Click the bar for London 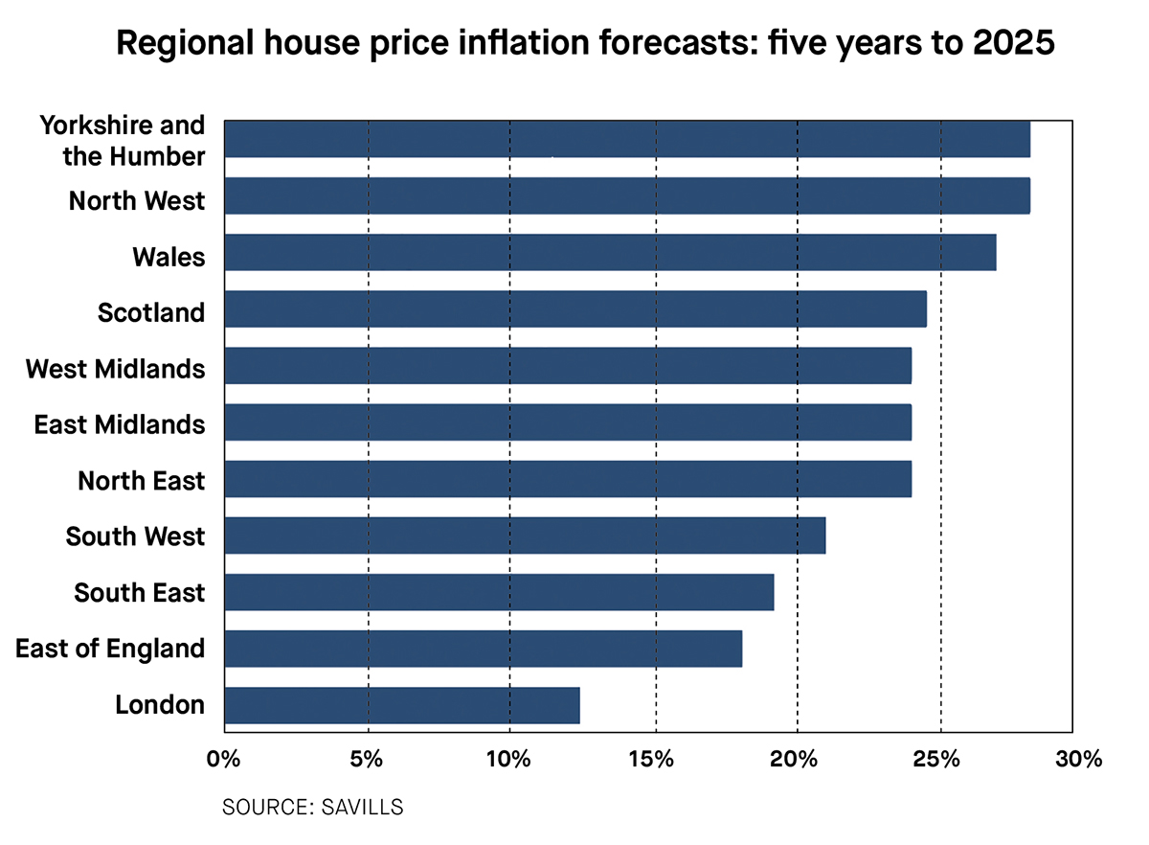(x=402, y=705)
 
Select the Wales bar (x=610, y=253)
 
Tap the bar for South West (x=525, y=536)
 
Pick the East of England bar (x=483, y=649)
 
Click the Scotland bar (x=575, y=309)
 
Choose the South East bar (x=499, y=592)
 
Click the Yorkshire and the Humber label (x=123, y=140)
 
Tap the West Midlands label (x=115, y=368)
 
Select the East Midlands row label (x=120, y=424)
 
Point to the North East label (x=142, y=480)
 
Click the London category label (x=160, y=705)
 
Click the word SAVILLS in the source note (x=368, y=807)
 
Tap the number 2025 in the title (x=1002, y=43)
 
